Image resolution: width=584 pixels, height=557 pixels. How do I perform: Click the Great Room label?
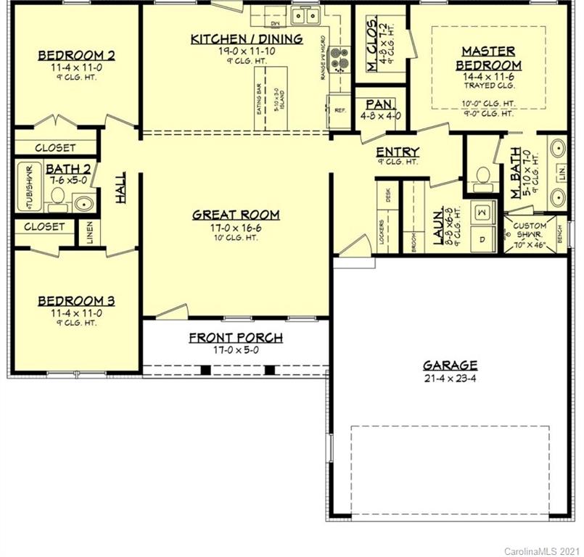point(236,215)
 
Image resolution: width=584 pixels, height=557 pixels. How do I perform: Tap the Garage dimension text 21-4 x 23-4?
point(450,379)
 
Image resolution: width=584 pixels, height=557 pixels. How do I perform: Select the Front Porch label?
point(236,338)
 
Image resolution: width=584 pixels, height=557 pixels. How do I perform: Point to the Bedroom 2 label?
point(77,55)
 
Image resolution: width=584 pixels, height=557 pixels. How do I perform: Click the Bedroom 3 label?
point(77,300)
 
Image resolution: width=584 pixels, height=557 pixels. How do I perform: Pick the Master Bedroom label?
point(488,58)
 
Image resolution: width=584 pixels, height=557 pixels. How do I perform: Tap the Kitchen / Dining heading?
point(247,38)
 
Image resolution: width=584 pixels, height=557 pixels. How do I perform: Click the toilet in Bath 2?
point(57,197)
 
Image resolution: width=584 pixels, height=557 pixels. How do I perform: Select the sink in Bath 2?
point(83,202)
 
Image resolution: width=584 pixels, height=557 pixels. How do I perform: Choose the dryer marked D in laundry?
point(482,237)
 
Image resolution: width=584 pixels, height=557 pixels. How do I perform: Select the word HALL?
point(120,186)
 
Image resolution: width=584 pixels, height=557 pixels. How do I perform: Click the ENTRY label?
point(398,152)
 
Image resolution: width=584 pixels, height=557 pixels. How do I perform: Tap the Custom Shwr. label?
point(530,231)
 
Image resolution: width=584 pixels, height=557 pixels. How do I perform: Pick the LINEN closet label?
point(91,231)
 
